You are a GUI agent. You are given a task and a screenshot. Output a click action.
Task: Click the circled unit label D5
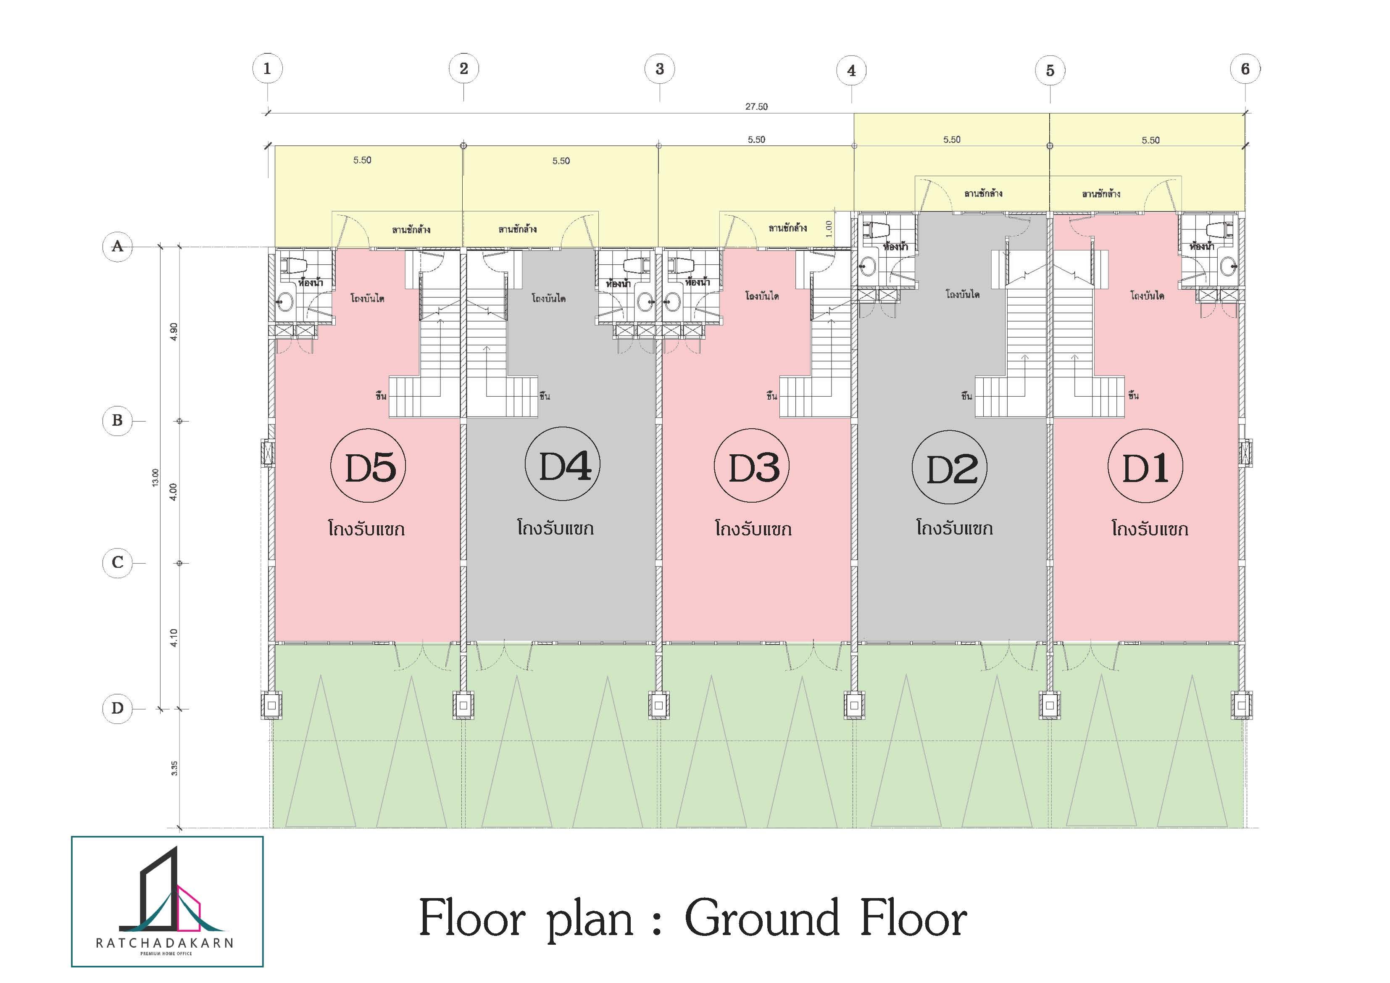click(368, 465)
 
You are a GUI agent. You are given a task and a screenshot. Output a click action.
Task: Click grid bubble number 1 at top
click(267, 69)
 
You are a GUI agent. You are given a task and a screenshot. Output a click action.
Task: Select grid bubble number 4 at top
click(851, 71)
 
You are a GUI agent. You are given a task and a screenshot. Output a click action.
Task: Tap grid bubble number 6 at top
click(1245, 69)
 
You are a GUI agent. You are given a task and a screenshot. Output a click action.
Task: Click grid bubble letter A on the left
click(118, 246)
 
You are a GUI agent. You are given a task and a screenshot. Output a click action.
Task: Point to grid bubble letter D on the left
click(118, 708)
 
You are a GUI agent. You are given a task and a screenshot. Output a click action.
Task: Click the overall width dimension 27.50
click(756, 107)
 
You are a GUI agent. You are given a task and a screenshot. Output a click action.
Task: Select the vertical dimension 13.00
click(155, 477)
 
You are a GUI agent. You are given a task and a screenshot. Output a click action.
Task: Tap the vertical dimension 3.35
click(174, 768)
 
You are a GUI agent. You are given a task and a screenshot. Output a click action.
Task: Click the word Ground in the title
click(761, 918)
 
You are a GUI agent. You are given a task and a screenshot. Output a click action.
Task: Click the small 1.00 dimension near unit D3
click(829, 228)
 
